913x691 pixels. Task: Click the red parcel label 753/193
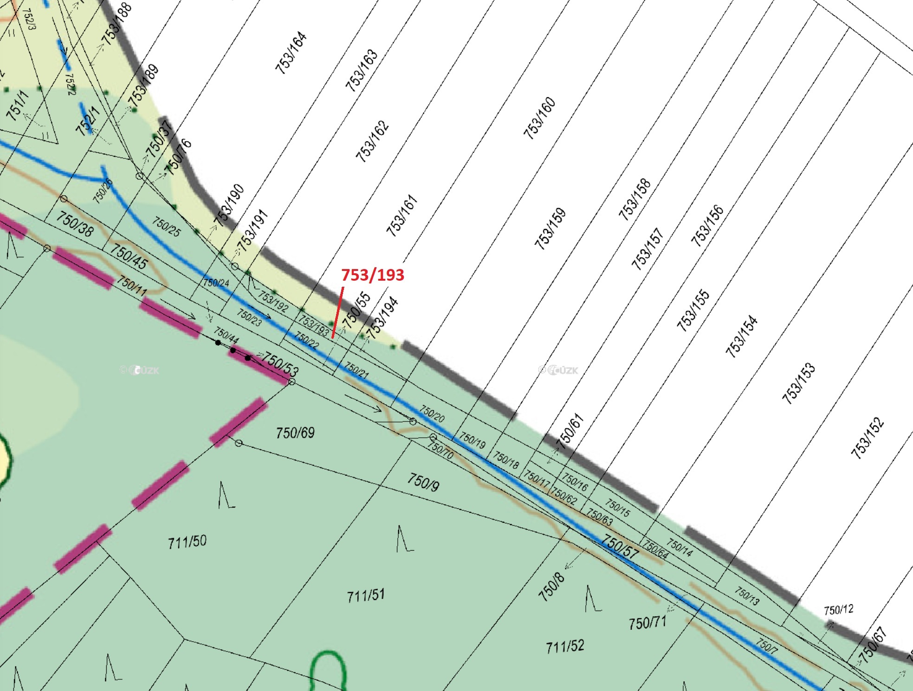pos(373,275)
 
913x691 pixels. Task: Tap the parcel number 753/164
pos(291,53)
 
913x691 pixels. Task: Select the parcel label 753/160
pos(539,118)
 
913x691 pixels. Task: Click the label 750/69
pos(295,433)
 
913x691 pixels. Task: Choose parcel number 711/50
pos(187,542)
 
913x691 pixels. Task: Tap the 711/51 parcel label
pos(366,595)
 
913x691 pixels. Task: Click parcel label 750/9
pos(423,482)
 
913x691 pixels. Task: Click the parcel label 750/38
pos(75,224)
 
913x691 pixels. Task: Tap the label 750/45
pos(129,257)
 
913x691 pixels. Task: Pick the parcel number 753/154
pos(741,336)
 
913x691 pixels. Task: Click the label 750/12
pos(838,610)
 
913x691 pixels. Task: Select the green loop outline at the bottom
pos(328,669)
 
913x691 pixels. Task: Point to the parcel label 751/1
pos(18,106)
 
